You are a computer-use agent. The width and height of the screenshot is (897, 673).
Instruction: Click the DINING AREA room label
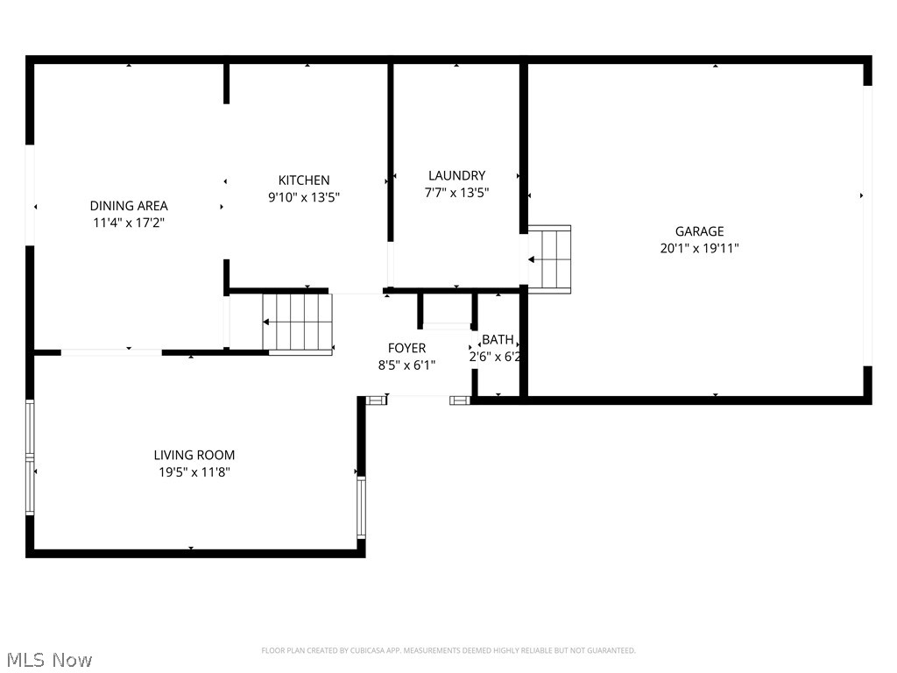pos(129,206)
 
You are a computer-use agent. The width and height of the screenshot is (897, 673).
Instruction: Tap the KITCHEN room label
pos(304,181)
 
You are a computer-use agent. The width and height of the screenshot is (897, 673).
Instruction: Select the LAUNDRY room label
pos(456,175)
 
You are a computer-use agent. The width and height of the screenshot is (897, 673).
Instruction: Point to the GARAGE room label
pos(698,231)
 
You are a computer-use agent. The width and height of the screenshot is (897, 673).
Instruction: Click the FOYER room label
pos(406,348)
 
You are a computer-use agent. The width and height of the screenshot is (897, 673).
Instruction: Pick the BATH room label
pos(498,339)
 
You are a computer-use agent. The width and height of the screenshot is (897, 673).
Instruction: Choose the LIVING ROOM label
pos(194,455)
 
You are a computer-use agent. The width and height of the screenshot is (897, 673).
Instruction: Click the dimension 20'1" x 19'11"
pos(698,248)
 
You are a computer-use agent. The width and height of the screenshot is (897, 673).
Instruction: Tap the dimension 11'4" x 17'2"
pos(129,223)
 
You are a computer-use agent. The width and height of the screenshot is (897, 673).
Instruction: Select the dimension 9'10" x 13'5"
pos(304,197)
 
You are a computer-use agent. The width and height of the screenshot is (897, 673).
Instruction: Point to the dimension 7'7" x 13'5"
pos(456,192)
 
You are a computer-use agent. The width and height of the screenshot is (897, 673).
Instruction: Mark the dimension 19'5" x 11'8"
pos(194,471)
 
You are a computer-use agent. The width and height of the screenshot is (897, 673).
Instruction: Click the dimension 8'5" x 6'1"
pos(406,365)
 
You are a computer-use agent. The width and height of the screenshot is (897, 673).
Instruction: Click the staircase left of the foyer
pos(298,322)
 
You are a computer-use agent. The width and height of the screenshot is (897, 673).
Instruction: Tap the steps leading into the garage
pos(549,259)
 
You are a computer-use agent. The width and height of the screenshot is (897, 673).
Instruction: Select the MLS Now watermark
pos(49,659)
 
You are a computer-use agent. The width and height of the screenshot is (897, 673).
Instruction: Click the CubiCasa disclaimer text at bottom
pos(448,650)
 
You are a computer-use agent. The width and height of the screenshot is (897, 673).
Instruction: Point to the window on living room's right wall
pos(361,507)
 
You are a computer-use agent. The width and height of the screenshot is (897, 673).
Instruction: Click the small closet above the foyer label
pos(448,310)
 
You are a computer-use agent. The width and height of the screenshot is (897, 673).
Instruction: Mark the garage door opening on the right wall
pos(867,225)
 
